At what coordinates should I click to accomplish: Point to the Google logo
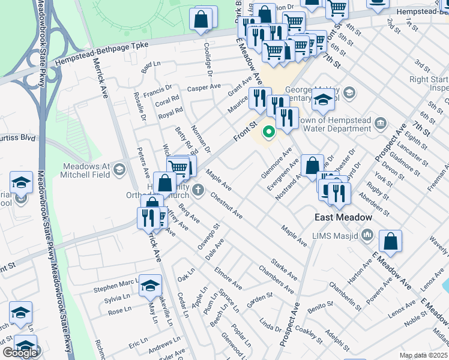click(20, 353)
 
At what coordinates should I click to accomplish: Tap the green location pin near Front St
click(270, 131)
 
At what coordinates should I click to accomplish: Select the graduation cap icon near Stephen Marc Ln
click(150, 285)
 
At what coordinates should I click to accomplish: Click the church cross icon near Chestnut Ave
click(198, 191)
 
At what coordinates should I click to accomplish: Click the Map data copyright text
click(424, 355)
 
